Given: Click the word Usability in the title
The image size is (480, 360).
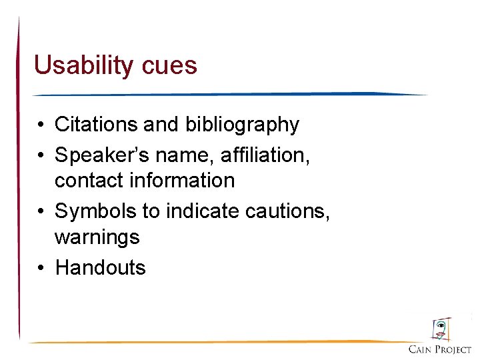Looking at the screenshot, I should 85,66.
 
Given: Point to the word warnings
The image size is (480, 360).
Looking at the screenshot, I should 97,237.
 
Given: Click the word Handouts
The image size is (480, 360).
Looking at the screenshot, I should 100,268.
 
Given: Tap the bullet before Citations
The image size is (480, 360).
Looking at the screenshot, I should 41,125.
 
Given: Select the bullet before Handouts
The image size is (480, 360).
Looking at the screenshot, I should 41,268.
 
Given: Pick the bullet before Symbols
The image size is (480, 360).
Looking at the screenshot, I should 41,211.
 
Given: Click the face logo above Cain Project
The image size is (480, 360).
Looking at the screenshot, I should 440,329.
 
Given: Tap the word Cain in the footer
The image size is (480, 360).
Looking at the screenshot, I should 422,349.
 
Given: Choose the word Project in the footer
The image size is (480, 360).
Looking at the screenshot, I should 454,349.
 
